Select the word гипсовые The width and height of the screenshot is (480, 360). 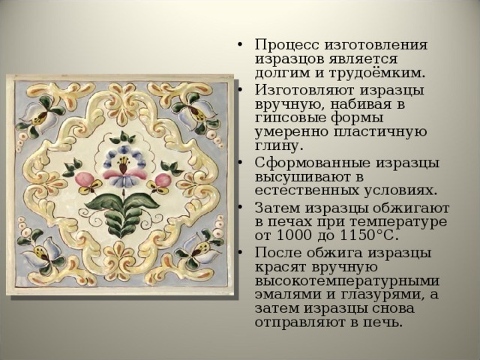290,118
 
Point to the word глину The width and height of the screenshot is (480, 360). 279,145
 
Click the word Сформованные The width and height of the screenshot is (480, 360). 313,163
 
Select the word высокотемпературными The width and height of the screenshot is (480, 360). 346,281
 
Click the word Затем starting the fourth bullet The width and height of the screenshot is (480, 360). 278,208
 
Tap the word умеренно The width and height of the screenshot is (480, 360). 291,132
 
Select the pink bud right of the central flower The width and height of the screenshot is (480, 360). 163,179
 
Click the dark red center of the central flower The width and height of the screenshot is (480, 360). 123,168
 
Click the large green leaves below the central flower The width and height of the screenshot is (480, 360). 122,211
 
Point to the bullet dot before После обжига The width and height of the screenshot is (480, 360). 239,253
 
